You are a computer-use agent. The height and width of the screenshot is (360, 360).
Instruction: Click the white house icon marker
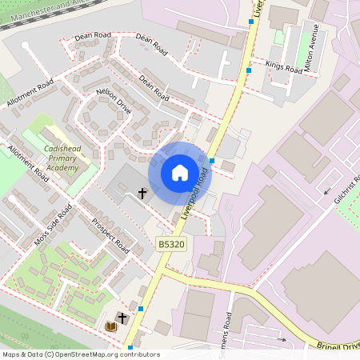(179, 172)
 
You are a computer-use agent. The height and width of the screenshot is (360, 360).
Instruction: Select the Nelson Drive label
(113, 102)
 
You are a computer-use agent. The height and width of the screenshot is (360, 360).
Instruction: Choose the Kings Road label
(284, 69)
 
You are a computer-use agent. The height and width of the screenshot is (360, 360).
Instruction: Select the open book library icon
(111, 326)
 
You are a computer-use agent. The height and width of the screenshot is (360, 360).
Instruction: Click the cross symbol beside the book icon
(122, 318)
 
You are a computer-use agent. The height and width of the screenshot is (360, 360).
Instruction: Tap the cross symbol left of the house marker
(143, 193)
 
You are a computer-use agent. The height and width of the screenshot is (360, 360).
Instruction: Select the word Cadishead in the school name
(62, 149)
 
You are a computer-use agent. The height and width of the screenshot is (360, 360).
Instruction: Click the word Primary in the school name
(62, 158)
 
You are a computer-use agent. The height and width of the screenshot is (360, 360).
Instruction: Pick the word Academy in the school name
(62, 168)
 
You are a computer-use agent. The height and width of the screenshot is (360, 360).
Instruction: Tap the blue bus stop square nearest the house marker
(211, 161)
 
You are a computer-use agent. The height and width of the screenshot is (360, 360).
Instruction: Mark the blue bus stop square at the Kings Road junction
(249, 70)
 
